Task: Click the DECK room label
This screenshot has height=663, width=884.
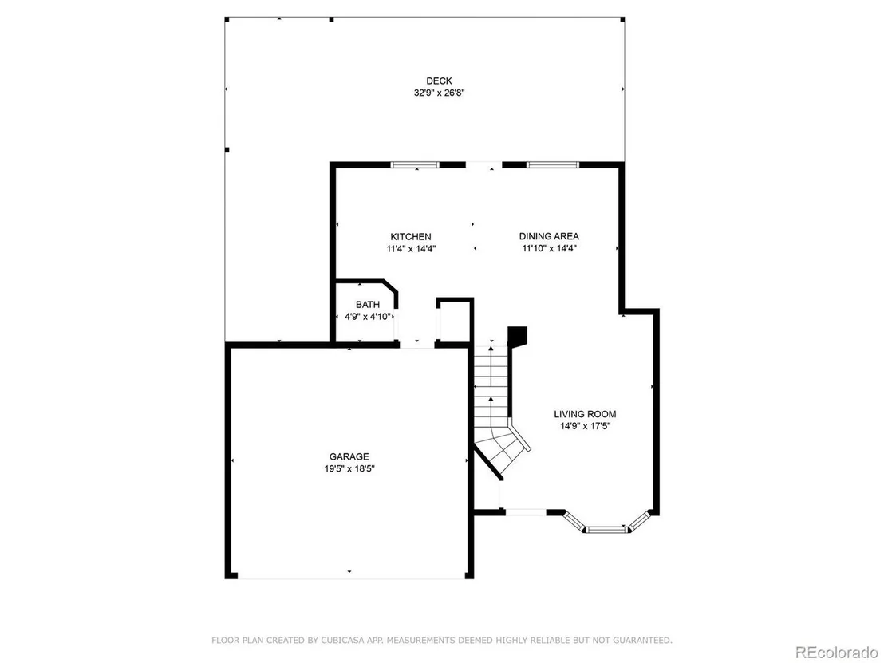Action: tap(439, 81)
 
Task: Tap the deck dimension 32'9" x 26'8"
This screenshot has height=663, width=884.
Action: tap(439, 93)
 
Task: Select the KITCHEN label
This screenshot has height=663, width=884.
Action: tap(410, 237)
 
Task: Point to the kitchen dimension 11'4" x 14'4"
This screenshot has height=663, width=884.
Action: tap(411, 249)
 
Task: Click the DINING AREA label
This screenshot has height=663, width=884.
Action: tap(549, 237)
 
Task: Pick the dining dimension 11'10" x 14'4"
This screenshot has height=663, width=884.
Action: tap(549, 249)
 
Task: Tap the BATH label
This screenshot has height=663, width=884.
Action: tap(368, 305)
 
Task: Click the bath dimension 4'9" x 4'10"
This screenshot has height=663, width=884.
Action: tap(368, 317)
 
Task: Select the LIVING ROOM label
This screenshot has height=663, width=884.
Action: tap(585, 414)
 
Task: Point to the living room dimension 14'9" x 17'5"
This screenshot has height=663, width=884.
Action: tap(585, 426)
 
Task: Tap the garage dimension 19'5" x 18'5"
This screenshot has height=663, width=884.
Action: tap(349, 468)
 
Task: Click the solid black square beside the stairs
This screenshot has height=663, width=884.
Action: tap(517, 336)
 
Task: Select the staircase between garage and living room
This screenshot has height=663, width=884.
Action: tap(495, 406)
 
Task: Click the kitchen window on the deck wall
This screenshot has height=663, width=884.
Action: tap(415, 164)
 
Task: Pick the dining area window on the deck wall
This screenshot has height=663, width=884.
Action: tap(552, 164)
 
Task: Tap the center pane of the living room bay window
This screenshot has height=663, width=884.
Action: tap(606, 530)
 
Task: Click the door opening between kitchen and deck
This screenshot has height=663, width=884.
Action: tap(483, 164)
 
